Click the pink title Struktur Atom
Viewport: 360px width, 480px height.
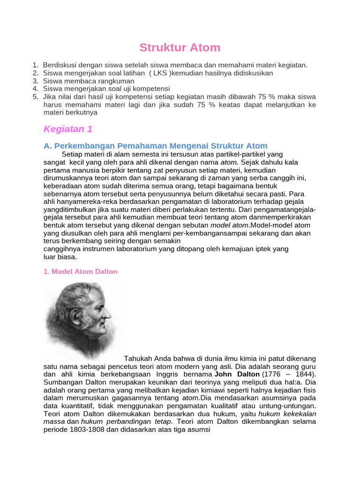coord(180,48)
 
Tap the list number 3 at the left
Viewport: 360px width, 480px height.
coord(36,81)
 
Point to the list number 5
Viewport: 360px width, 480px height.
coord(36,96)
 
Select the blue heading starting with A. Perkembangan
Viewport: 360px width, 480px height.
coord(155,146)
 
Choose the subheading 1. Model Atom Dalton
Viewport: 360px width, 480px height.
coord(81,271)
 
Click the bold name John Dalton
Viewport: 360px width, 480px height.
coord(237,375)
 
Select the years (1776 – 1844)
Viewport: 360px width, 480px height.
coord(289,375)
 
